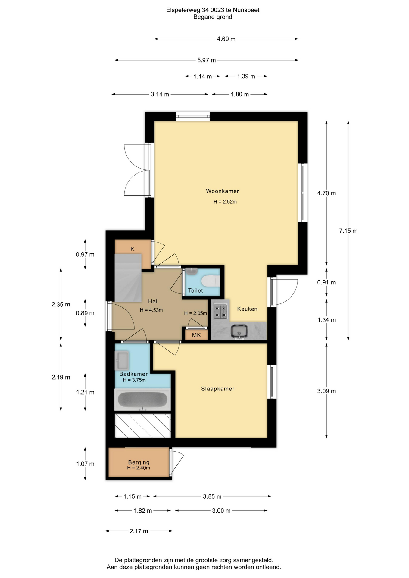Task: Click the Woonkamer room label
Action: tap(222, 191)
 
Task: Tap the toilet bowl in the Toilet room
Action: tap(211, 281)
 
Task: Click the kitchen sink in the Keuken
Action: tap(239, 331)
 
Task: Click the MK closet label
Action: tap(196, 335)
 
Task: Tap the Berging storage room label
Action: tap(139, 462)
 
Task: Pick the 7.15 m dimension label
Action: tap(348, 231)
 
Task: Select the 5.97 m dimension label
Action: tap(207, 60)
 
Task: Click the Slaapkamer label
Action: tap(218, 389)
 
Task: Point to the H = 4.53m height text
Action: tap(151, 310)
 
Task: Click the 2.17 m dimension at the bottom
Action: tap(139, 531)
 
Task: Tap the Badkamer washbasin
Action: tap(122, 360)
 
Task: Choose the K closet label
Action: tap(132, 249)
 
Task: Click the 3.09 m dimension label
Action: tap(326, 391)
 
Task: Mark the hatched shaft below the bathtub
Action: tap(142, 426)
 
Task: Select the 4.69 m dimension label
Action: tap(226, 39)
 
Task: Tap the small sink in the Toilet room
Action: tap(192, 271)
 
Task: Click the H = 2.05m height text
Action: tap(195, 313)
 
